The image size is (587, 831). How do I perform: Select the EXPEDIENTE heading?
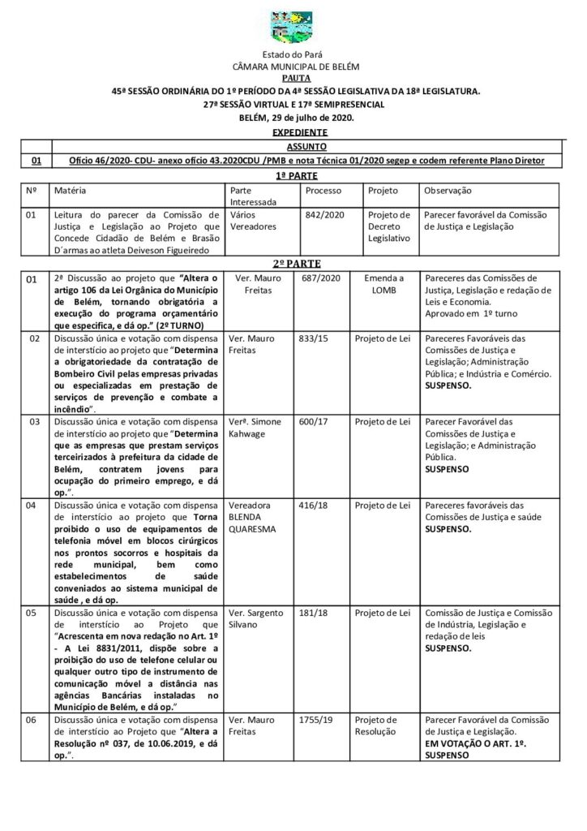[294, 131]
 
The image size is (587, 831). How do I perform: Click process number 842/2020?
[319, 216]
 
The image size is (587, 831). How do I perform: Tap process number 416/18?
[317, 506]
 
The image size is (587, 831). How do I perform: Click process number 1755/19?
[319, 720]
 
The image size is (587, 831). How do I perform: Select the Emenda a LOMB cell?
[383, 284]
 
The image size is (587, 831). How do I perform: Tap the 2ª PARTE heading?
[293, 264]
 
